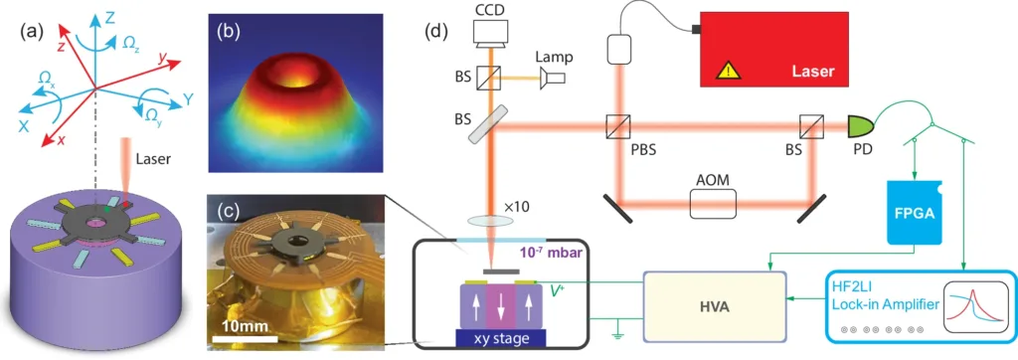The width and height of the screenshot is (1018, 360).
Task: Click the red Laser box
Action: point(773,49)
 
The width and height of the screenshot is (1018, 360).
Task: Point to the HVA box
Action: point(714,307)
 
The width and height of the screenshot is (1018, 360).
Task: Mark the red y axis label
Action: point(160,58)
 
